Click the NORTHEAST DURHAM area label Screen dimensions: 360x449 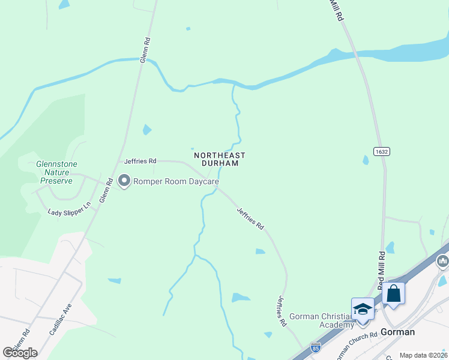pyautogui.click(x=220, y=159)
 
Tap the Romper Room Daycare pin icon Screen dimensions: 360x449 pyautogui.click(x=124, y=181)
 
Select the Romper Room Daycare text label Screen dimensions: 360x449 pyautogui.click(x=176, y=181)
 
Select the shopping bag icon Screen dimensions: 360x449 pyautogui.click(x=393, y=294)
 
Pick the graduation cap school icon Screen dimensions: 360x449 pyautogui.click(x=363, y=310)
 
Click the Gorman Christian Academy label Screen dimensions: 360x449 pyautogui.click(x=322, y=320)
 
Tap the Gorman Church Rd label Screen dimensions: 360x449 pyautogui.click(x=356, y=344)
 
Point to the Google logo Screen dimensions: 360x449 pyautogui.click(x=20, y=352)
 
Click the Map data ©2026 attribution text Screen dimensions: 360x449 pyautogui.click(x=423, y=355)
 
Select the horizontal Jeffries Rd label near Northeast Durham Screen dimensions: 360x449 pyautogui.click(x=140, y=161)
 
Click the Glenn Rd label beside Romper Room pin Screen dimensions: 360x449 pyautogui.click(x=105, y=190)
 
